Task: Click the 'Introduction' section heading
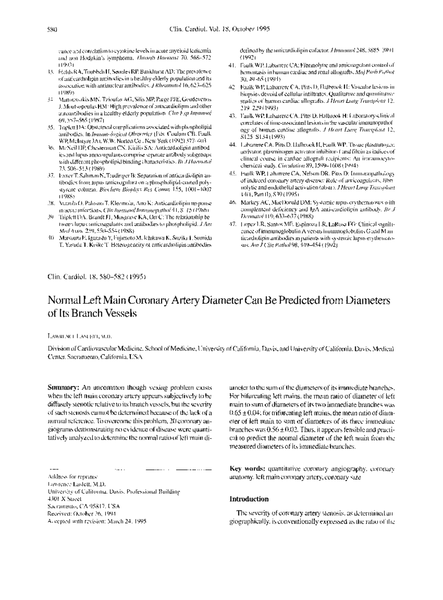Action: point(249,499)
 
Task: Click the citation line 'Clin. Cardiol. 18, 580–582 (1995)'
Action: point(97,276)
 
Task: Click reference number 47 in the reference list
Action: point(232,224)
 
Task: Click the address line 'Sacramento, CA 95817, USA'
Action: point(84,506)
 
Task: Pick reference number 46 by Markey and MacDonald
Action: point(232,203)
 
